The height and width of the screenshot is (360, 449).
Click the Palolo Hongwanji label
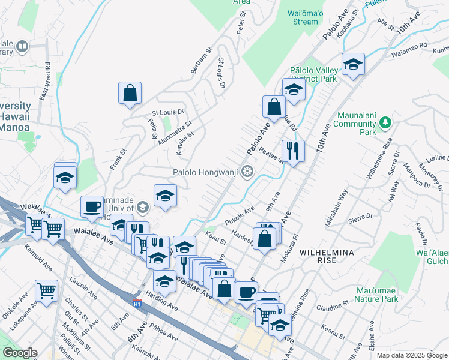pyautogui.click(x=207, y=172)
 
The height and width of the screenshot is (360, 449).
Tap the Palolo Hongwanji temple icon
pyautogui.click(x=247, y=172)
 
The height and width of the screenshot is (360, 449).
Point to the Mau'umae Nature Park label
pyautogui.click(x=376, y=294)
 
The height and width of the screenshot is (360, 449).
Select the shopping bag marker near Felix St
pyautogui.click(x=130, y=93)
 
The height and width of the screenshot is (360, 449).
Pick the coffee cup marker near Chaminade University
pyautogui.click(x=92, y=206)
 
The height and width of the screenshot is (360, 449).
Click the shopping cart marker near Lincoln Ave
pyautogui.click(x=46, y=291)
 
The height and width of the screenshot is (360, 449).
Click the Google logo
pyautogui.click(x=20, y=353)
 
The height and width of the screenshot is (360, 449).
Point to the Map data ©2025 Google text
pyautogui.click(x=411, y=355)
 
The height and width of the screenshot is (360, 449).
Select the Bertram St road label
pyautogui.click(x=202, y=61)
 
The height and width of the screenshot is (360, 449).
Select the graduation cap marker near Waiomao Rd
pyautogui.click(x=353, y=64)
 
